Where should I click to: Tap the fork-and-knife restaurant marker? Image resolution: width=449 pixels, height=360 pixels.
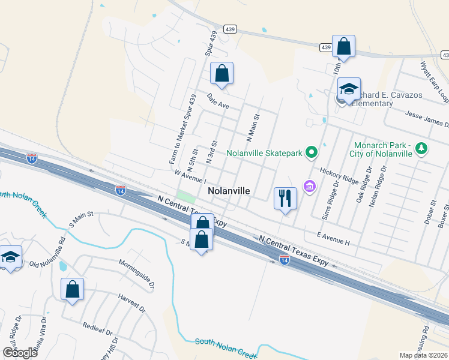[x=285, y=197]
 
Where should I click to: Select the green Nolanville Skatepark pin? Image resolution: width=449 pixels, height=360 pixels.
[x=311, y=153]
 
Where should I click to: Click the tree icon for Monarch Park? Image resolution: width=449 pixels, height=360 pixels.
[x=422, y=148]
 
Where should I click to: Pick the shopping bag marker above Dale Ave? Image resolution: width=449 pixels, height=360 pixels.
[x=221, y=73]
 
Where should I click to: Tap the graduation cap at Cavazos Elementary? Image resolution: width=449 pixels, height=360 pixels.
[x=349, y=89]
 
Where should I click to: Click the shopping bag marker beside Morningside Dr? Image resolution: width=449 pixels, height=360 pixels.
[x=72, y=289]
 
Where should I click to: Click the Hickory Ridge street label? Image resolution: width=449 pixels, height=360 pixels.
[x=339, y=176]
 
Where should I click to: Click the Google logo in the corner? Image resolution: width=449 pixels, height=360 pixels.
[x=20, y=353]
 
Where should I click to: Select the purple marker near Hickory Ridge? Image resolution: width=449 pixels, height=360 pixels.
[x=310, y=187]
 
